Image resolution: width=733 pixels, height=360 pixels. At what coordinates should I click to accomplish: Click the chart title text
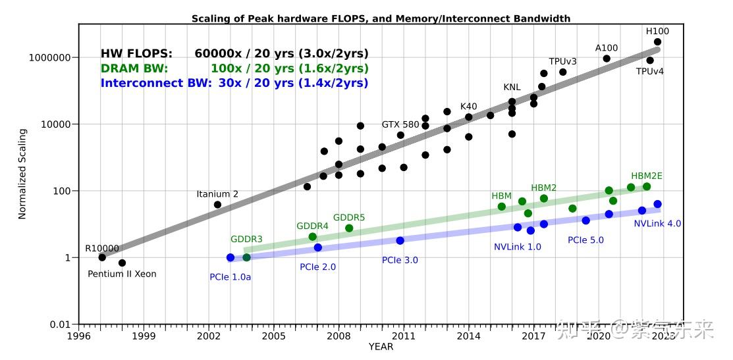381,18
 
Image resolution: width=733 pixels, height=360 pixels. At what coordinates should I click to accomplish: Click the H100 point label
657,31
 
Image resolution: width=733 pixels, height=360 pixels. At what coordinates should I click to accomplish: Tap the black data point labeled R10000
102,257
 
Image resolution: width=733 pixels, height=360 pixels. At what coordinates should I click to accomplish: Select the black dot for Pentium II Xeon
122,263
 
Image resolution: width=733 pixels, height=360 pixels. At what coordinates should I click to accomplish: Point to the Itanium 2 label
217,194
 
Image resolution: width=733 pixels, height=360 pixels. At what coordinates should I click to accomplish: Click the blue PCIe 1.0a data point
231,257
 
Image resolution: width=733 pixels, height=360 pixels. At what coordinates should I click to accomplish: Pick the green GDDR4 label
312,226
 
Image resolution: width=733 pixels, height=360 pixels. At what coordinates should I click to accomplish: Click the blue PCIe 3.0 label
400,260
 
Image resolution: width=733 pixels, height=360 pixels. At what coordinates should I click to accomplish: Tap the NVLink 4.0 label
657,224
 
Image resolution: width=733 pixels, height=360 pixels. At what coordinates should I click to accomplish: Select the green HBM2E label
647,176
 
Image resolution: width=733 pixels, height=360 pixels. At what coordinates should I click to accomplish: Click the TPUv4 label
649,71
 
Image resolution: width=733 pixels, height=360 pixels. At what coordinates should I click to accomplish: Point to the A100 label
607,48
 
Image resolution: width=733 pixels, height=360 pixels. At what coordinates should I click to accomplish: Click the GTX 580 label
400,124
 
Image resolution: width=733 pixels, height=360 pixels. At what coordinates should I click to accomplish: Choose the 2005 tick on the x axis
273,336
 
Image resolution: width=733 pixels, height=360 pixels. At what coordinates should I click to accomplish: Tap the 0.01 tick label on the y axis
59,324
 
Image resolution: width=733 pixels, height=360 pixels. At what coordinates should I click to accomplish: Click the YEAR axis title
381,347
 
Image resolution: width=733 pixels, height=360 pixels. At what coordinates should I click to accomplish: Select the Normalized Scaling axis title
22,174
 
